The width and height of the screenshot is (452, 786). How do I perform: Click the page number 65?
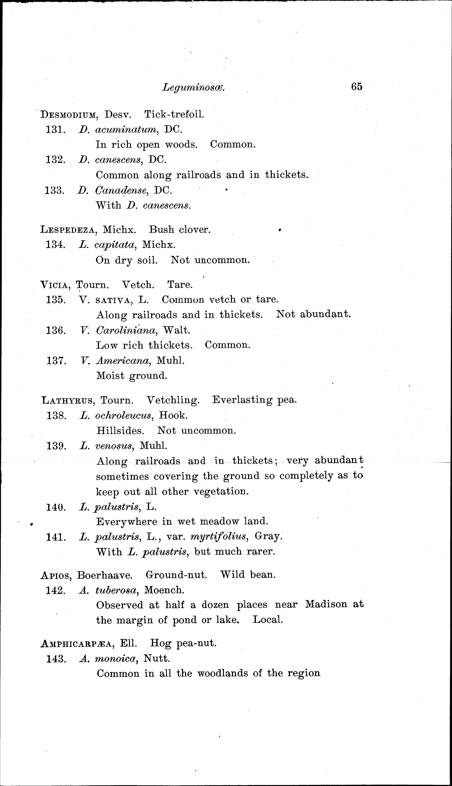pyautogui.click(x=357, y=86)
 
